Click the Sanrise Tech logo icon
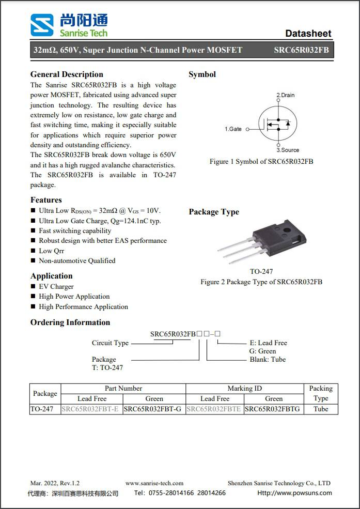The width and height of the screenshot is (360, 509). point(41,25)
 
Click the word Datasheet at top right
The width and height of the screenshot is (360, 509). point(308,34)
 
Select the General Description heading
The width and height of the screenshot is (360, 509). point(67,74)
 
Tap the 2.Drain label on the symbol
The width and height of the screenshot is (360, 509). point(286,95)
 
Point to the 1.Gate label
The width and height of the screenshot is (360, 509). point(233,129)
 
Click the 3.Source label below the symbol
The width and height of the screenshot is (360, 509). point(288,150)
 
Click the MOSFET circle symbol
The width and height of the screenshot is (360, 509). point(278,123)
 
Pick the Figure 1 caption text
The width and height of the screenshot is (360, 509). point(261,162)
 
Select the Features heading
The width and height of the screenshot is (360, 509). point(46,200)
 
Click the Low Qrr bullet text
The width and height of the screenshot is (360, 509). point(52,251)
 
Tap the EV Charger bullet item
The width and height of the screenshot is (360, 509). point(56,286)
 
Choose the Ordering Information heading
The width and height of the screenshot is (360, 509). point(70,322)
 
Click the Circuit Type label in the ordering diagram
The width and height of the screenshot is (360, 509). point(110,343)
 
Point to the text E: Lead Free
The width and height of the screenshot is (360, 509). point(268,343)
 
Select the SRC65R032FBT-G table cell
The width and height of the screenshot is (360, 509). point(154,409)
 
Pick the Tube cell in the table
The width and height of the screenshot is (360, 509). point(321,409)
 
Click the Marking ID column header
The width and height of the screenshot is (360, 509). point(244,389)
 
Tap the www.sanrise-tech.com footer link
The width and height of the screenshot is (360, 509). point(154,483)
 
